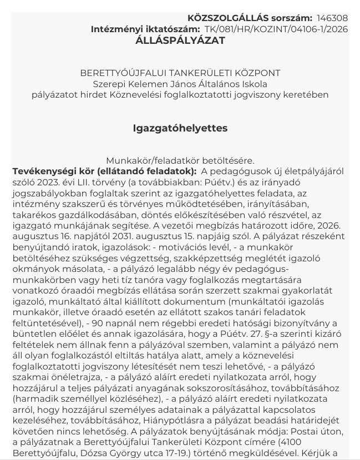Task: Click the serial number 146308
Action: pos(332,18)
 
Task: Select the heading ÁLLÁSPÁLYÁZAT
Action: pos(180,41)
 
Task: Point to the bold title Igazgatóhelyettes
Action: pos(180,128)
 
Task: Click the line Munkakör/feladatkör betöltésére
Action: pos(180,161)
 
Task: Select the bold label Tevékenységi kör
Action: pos(49,171)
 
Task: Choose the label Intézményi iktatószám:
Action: pos(145,29)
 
